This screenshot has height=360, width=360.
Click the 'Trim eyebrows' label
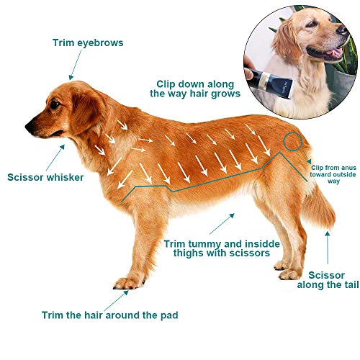click(x=88, y=43)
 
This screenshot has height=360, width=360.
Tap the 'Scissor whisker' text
click(x=45, y=176)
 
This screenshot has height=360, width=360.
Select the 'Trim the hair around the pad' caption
click(x=109, y=315)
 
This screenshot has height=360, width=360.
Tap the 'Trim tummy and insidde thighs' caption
click(x=216, y=248)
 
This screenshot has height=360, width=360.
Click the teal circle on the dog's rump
click(x=292, y=141)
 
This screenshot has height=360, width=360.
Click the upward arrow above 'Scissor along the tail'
click(x=329, y=245)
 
